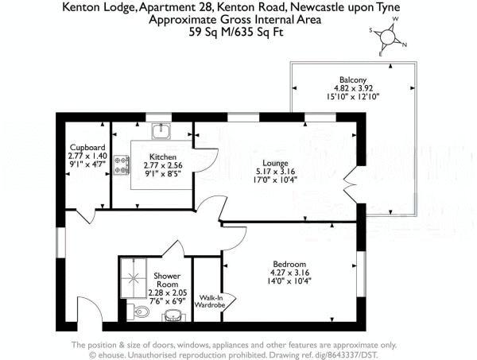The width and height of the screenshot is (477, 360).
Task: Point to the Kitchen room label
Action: point(162,157)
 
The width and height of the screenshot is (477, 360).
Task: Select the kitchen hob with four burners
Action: point(123,165)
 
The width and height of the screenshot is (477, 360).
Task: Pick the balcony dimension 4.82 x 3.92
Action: point(352,90)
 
